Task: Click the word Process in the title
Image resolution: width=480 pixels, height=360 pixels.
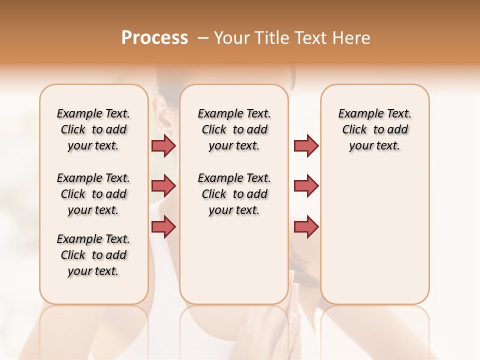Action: point(154,38)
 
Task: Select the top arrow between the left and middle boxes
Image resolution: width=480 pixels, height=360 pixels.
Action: point(163,145)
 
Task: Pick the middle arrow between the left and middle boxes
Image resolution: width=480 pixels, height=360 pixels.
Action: point(163,186)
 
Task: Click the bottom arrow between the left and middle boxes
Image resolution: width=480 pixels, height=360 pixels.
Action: point(163,226)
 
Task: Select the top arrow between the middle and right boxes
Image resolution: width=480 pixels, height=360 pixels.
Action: point(306,145)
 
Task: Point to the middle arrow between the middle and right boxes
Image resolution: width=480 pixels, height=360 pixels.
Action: point(306,186)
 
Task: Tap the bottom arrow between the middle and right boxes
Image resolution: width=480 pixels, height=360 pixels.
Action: point(306,226)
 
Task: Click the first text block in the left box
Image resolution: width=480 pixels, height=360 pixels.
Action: point(93,129)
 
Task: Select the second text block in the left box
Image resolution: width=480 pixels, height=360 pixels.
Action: point(93,194)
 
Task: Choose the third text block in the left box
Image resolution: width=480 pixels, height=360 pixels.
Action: point(93,255)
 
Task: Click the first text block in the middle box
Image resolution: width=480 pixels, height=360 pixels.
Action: point(234,129)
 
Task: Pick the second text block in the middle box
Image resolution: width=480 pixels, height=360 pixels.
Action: point(234,194)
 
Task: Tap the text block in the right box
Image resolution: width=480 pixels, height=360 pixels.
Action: point(374,129)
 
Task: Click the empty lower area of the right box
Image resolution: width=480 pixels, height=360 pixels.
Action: point(374,240)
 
